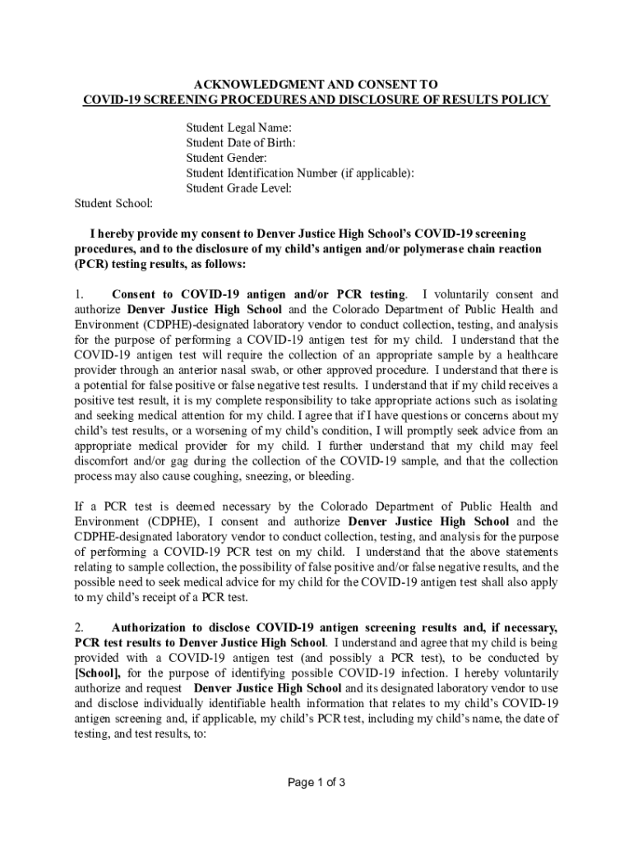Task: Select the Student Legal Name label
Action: coord(238,127)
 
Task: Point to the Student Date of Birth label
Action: coord(240,142)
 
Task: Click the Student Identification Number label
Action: coord(299,173)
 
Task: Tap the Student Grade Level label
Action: coord(238,188)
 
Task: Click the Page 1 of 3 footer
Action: coord(316,782)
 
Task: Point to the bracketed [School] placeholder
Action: coord(98,674)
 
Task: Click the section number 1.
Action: coord(79,294)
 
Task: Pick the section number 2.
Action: coord(79,628)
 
